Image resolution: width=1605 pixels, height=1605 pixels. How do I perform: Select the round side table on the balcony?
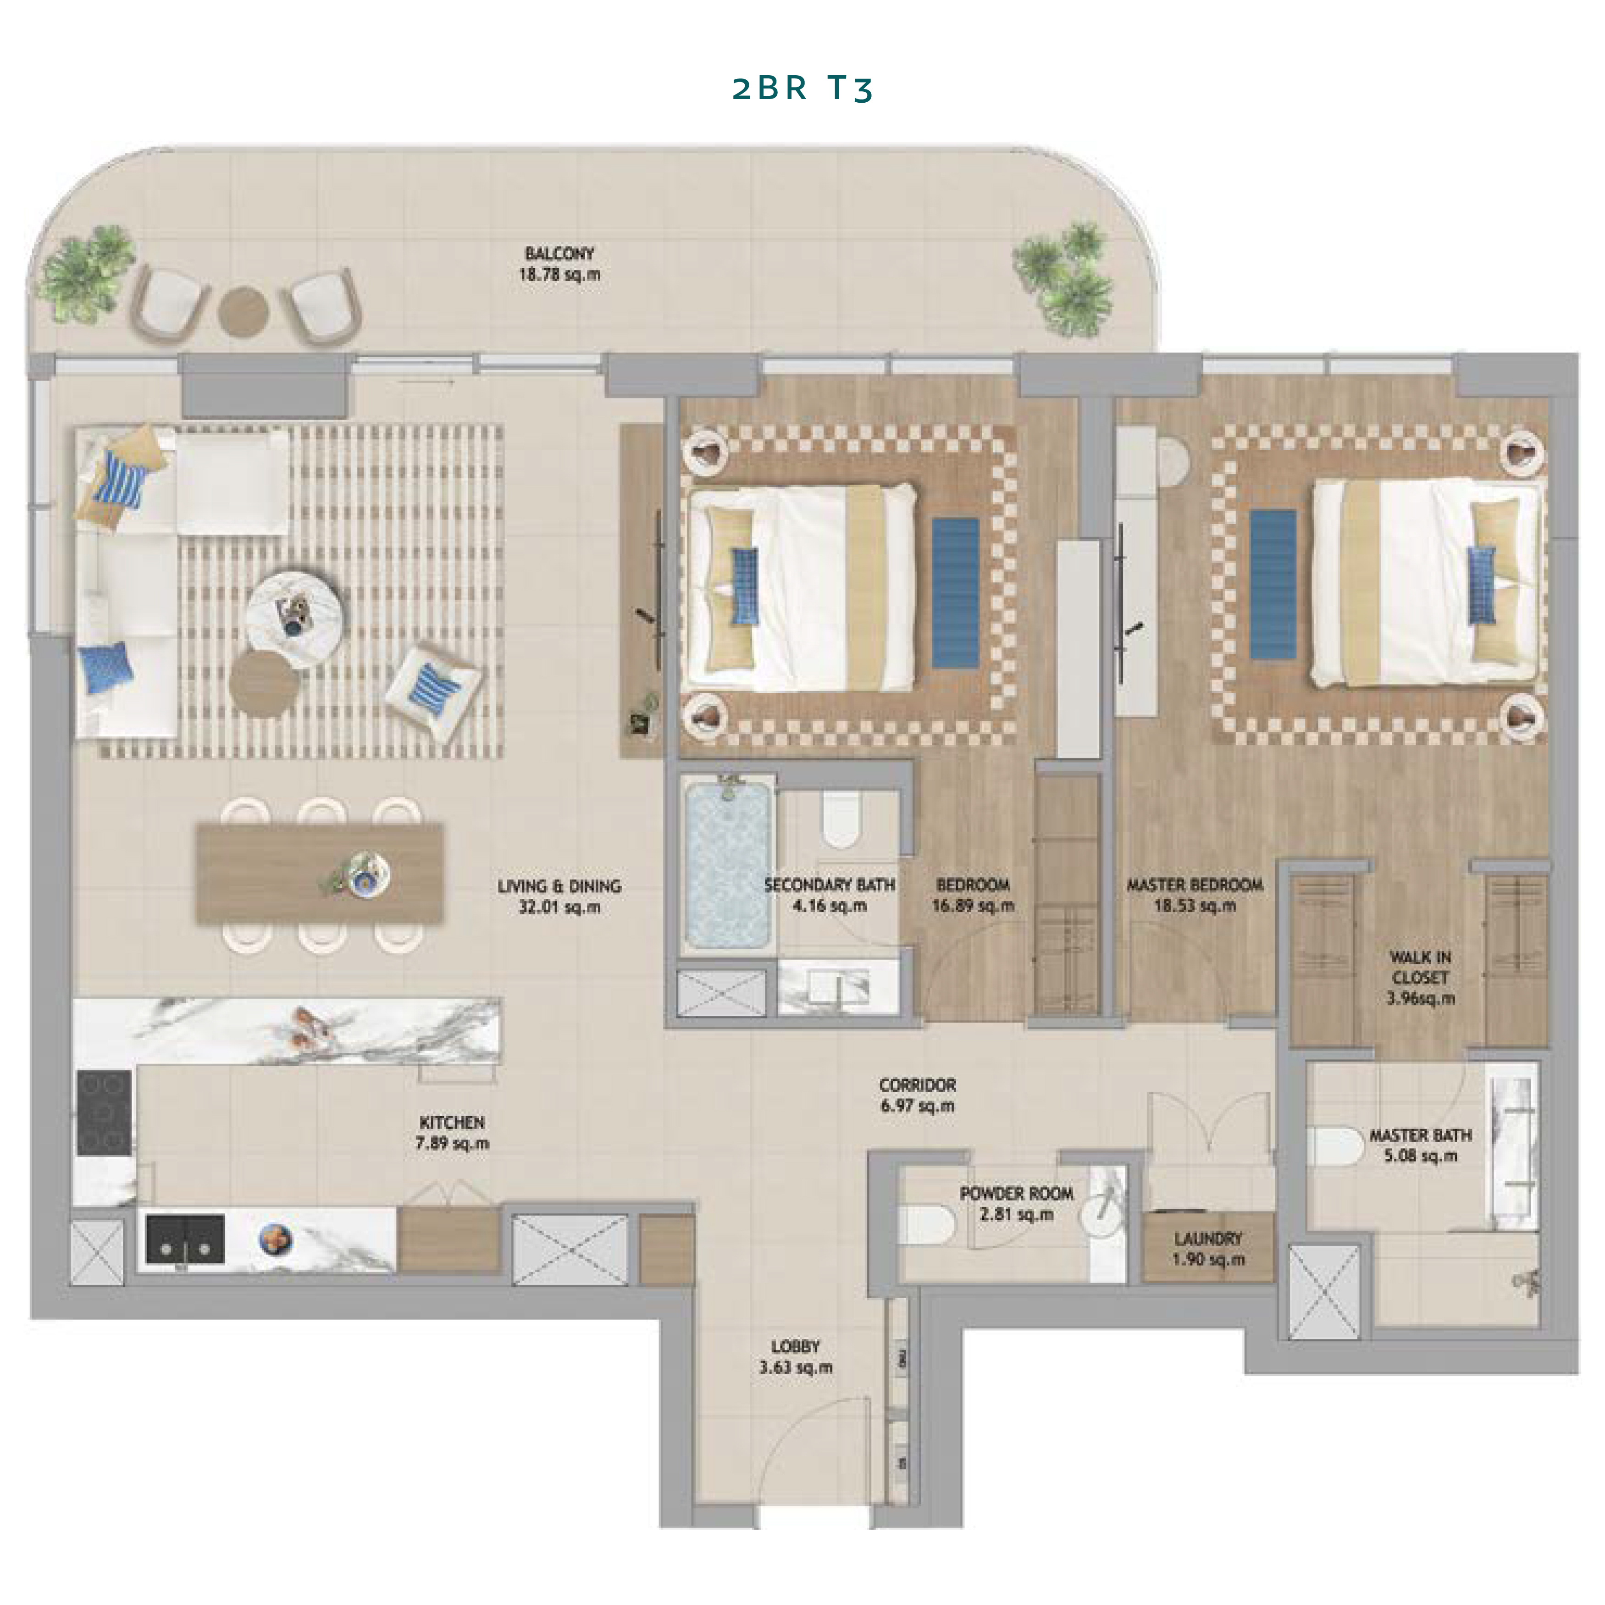click(x=244, y=311)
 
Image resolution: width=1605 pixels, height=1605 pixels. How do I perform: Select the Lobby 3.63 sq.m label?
click(x=795, y=1356)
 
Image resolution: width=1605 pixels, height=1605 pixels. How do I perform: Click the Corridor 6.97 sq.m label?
click(x=917, y=1095)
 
